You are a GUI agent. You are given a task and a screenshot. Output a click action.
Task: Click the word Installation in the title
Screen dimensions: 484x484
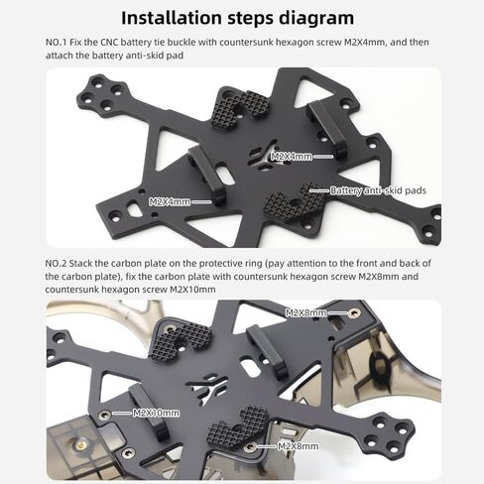click(172, 18)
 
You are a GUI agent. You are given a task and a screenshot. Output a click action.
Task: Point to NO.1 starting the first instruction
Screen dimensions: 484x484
click(57, 43)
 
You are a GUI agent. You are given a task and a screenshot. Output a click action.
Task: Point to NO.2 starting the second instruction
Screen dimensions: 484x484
click(56, 264)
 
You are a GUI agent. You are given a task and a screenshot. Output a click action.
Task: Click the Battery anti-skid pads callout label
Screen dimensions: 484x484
click(378, 190)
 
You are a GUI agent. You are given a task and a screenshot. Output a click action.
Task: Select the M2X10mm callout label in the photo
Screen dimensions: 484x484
click(156, 413)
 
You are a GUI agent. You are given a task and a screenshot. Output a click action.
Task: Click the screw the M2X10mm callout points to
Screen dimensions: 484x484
click(104, 415)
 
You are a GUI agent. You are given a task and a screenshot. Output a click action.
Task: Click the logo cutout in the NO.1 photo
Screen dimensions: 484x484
click(263, 157)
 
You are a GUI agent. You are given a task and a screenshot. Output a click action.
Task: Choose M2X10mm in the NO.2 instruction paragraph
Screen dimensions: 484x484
click(192, 290)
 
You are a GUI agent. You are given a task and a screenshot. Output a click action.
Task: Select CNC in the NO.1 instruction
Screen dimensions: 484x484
click(109, 43)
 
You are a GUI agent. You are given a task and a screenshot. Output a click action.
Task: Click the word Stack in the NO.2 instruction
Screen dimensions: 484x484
click(80, 264)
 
